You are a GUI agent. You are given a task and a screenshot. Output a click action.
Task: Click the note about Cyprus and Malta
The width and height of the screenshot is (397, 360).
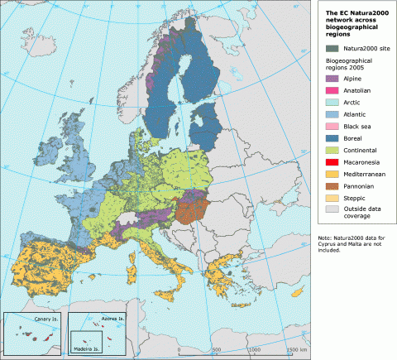[x=352, y=243]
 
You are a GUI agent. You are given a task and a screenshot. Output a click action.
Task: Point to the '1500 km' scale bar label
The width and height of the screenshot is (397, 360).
[x=295, y=351]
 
